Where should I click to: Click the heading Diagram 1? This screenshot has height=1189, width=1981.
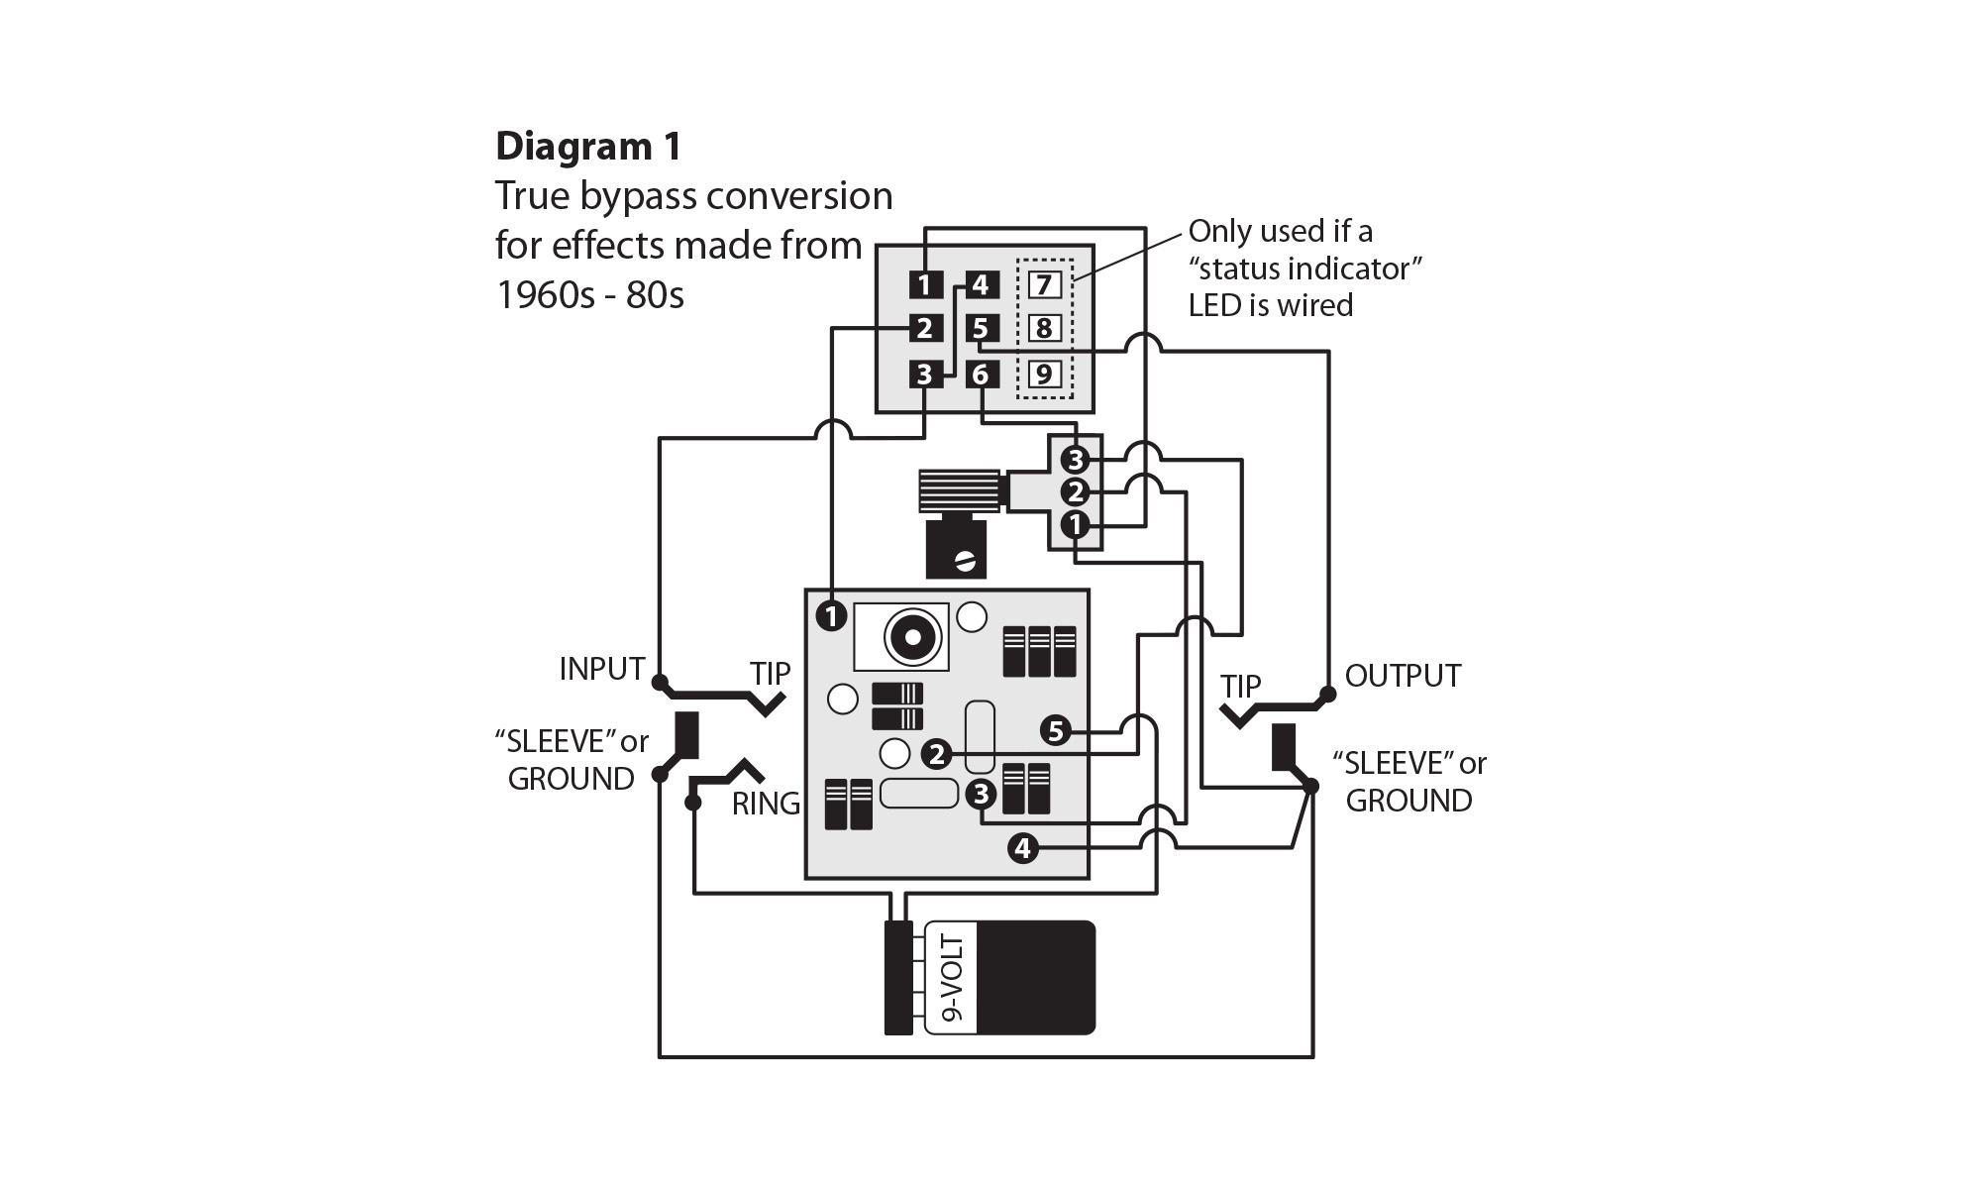[x=588, y=147]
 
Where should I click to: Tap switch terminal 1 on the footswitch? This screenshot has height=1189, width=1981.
[x=924, y=285]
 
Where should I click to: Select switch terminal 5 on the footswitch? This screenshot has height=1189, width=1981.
[x=980, y=328]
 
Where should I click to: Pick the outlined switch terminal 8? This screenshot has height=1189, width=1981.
[x=1044, y=328]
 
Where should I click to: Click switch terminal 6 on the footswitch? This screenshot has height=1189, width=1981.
[x=980, y=375]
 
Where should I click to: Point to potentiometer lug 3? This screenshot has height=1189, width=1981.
[x=1075, y=460]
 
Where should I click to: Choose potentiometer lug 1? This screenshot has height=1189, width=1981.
[x=1075, y=524]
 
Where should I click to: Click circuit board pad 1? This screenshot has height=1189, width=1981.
[x=831, y=616]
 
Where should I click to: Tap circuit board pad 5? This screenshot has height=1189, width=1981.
[x=1056, y=731]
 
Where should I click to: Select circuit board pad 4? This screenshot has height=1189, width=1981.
[x=1022, y=848]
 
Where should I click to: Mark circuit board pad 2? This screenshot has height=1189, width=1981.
[x=936, y=755]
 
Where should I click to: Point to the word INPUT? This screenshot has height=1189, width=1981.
[x=601, y=670]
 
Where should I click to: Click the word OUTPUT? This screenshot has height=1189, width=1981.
[x=1402, y=677]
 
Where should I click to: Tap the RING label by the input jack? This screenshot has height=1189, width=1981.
[x=765, y=804]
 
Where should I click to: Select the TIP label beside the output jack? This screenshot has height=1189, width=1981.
[x=1240, y=687]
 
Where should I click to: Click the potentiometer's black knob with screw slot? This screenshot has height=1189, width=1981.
[x=956, y=550]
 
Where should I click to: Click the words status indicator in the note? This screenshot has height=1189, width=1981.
[x=1305, y=269]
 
